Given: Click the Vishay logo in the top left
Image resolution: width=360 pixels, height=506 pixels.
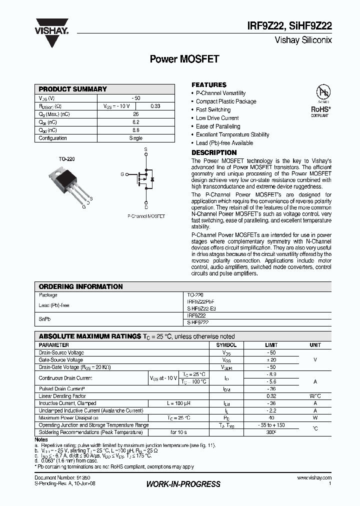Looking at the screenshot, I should click(51, 28).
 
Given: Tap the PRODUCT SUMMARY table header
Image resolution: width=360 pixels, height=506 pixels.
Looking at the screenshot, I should click(73, 89).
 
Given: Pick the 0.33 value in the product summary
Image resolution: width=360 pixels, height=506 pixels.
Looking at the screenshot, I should click(155, 106).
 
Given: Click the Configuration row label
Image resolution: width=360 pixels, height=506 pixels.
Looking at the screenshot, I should click(53, 138).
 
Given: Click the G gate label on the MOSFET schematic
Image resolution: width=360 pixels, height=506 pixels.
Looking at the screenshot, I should click(122, 174).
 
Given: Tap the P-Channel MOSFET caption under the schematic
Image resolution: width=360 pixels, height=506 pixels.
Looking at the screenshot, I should click(146, 216).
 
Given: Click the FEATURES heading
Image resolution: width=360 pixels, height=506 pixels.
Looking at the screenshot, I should click(209, 85).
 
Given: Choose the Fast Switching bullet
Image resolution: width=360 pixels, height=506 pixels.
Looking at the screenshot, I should click(213, 109).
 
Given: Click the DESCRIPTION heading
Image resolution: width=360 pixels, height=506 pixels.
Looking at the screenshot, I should click(214, 152).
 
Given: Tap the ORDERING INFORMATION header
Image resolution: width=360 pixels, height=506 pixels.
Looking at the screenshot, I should click(80, 286).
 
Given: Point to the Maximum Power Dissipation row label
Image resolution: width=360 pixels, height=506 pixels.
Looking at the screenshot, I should click(68, 417).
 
